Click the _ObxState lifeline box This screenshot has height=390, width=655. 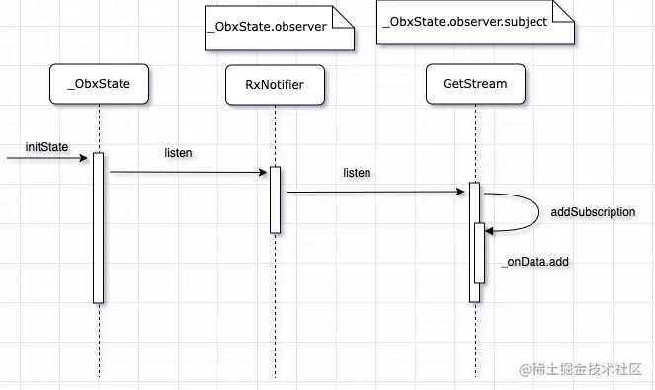(x=99, y=85)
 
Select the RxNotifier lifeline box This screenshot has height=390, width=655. (x=275, y=85)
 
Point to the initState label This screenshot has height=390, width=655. (x=46, y=147)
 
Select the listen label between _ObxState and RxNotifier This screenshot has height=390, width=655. (x=178, y=153)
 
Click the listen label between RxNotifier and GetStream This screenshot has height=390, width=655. (x=357, y=173)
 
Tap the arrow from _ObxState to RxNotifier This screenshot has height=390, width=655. (x=188, y=172)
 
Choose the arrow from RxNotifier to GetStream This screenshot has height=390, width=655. (x=375, y=193)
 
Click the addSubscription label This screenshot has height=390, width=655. (x=592, y=212)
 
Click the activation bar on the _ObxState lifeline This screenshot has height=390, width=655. (x=99, y=227)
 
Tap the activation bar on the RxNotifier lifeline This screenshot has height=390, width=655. (x=275, y=199)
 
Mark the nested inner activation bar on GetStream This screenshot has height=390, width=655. (x=479, y=253)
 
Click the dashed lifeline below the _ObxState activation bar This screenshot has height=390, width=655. (x=99, y=341)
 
